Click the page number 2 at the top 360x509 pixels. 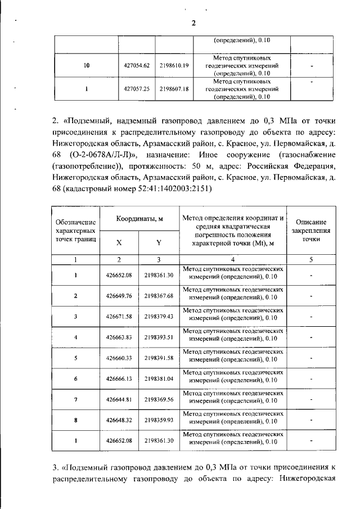tap(192, 23)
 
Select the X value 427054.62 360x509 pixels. tap(136, 66)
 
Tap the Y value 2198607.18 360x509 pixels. tap(174, 89)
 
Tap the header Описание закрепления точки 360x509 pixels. tap(310, 230)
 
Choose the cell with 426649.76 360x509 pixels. tap(119, 296)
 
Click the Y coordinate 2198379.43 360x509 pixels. tap(159, 317)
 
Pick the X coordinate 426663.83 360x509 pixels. tap(119, 337)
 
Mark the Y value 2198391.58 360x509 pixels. tap(159, 358)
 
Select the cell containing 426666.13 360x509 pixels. tap(119, 379)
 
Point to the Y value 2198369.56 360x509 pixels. tap(159, 399)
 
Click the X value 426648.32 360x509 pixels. tap(119, 420)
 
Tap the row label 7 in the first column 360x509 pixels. tap(75, 399)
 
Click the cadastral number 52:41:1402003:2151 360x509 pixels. tap(166, 188)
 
